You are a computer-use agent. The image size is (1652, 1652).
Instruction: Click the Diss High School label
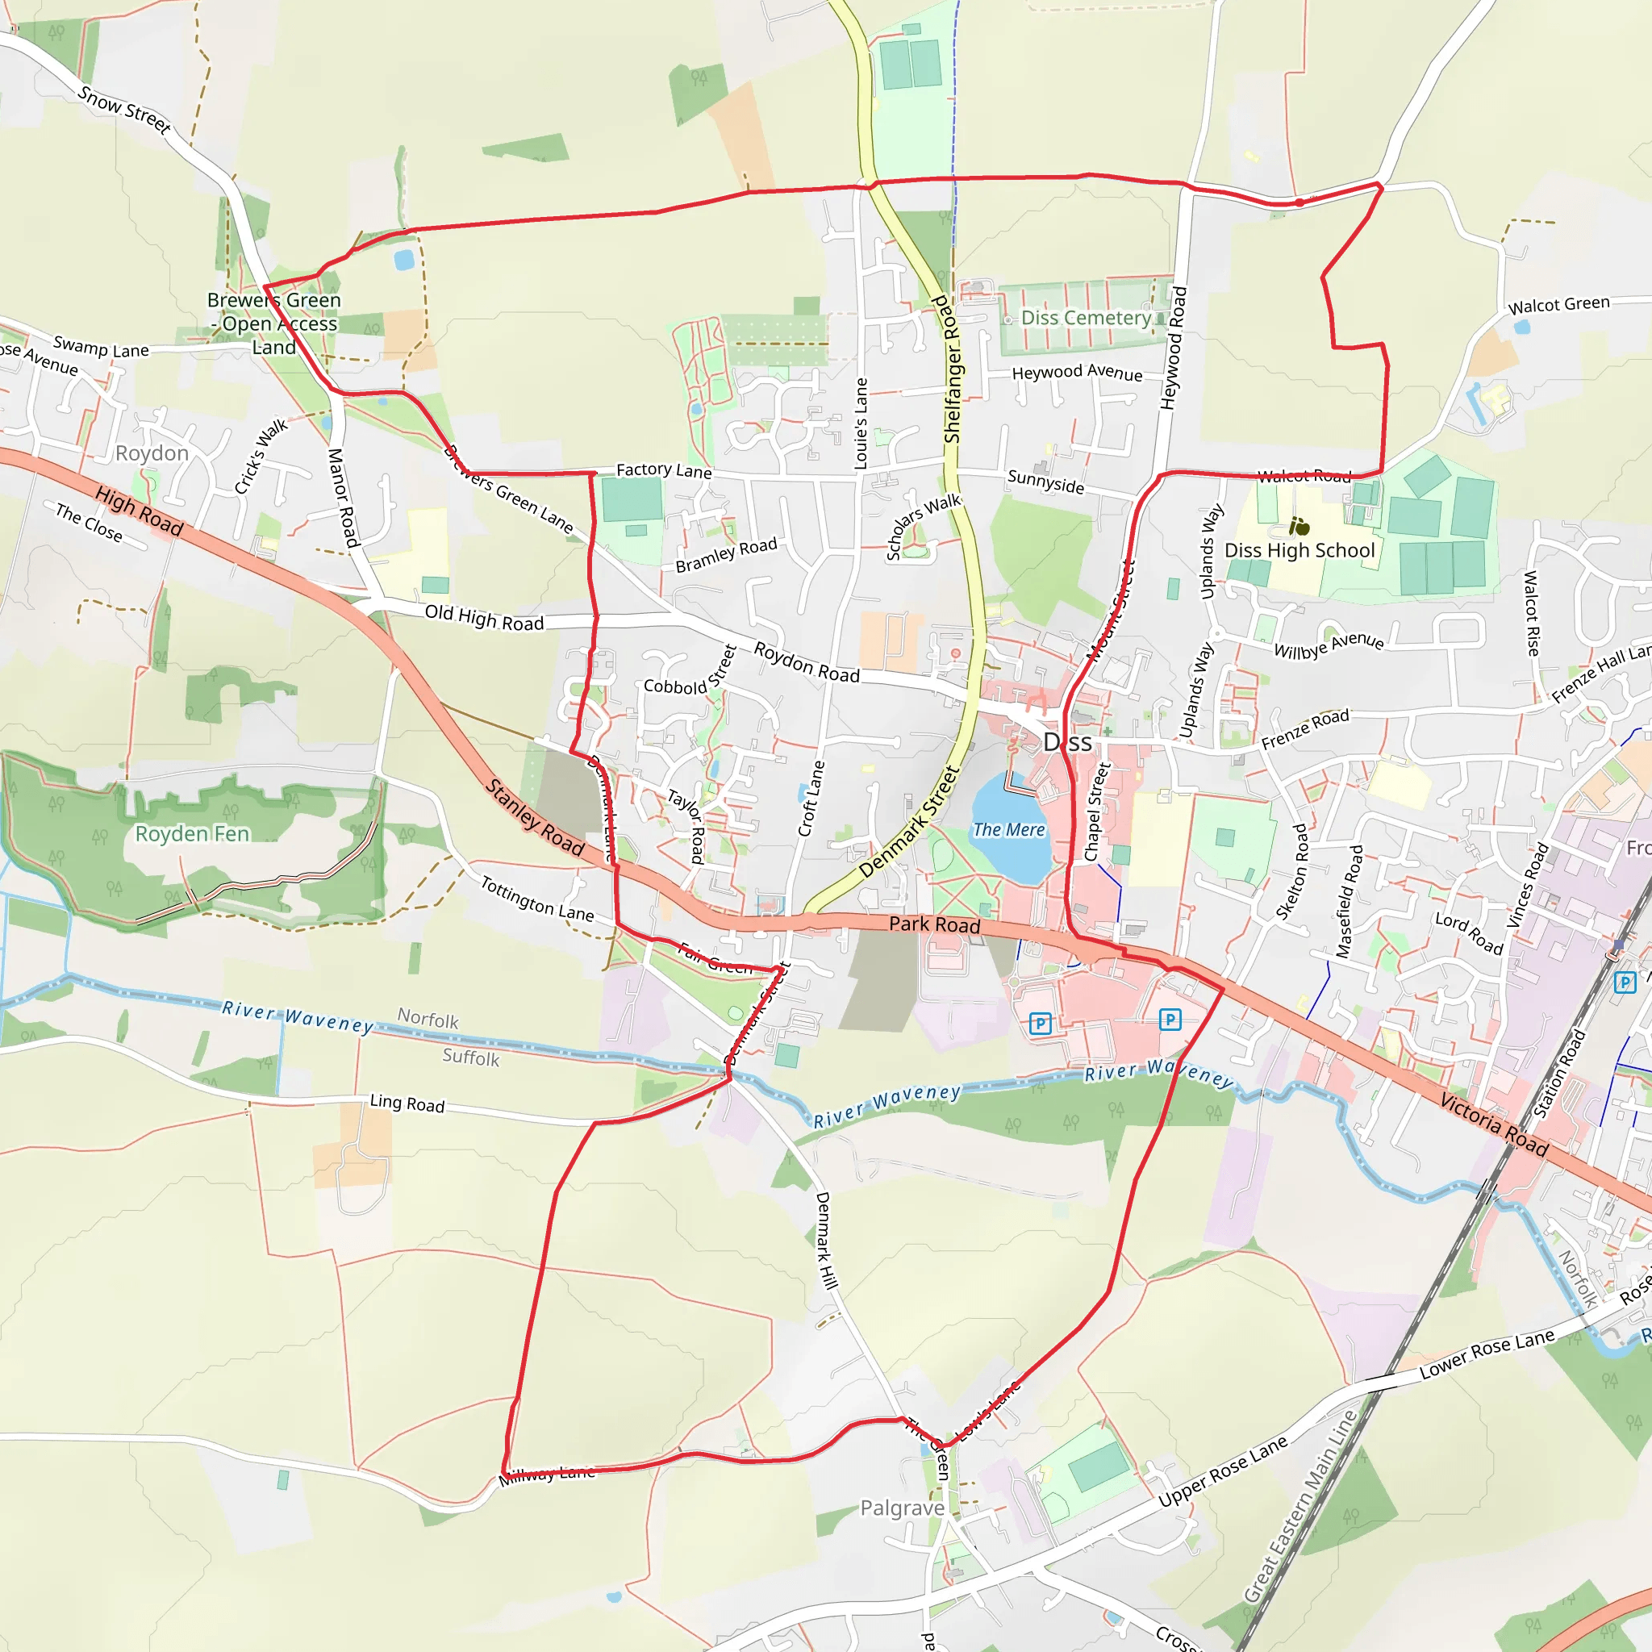1299,551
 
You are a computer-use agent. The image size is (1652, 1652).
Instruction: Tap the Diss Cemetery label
1086,318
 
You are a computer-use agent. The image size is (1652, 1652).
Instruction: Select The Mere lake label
1009,829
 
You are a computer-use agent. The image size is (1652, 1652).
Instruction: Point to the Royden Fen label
193,834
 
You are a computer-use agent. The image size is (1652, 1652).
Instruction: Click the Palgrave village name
902,1508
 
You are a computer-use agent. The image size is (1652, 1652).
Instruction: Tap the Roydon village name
152,453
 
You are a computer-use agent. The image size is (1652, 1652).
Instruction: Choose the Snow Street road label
125,109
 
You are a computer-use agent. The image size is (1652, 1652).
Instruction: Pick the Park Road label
935,924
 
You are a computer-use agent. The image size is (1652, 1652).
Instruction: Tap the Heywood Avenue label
1077,373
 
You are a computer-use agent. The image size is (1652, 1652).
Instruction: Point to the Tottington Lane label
537,899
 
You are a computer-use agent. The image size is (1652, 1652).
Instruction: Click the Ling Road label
407,1104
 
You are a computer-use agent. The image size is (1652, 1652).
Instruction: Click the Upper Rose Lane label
1223,1471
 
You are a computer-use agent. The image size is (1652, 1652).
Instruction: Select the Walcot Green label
1558,305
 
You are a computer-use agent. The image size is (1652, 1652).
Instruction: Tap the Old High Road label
484,617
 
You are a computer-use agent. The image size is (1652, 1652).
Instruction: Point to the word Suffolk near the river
470,1058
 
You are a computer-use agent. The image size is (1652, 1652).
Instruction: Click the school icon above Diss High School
1299,526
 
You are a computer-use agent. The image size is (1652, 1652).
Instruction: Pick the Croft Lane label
811,799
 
